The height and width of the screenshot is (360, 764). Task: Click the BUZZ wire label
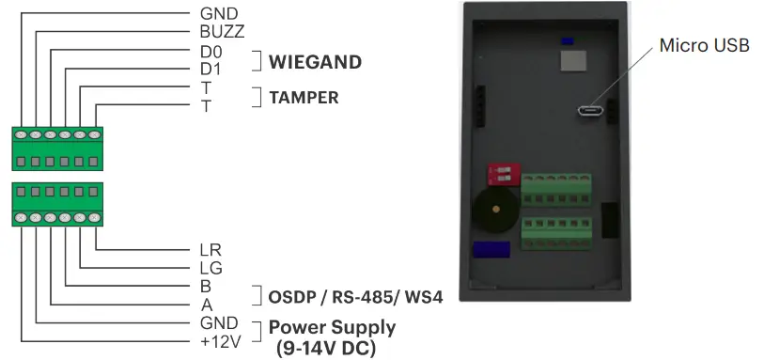(222, 31)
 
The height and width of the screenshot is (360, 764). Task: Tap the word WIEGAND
(315, 63)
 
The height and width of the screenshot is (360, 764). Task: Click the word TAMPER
(304, 97)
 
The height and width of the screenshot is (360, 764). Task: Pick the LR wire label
(210, 251)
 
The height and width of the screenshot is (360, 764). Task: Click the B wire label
(206, 286)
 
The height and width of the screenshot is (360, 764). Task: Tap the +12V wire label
(221, 339)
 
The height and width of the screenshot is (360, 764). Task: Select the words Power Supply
(332, 327)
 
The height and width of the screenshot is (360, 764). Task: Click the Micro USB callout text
(704, 45)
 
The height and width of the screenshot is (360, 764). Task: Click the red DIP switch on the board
(505, 174)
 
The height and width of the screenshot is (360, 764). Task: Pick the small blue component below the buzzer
(491, 250)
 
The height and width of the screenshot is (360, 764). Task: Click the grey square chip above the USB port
(572, 61)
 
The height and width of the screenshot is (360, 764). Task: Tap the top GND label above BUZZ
(219, 14)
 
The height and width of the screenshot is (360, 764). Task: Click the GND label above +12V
(219, 321)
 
